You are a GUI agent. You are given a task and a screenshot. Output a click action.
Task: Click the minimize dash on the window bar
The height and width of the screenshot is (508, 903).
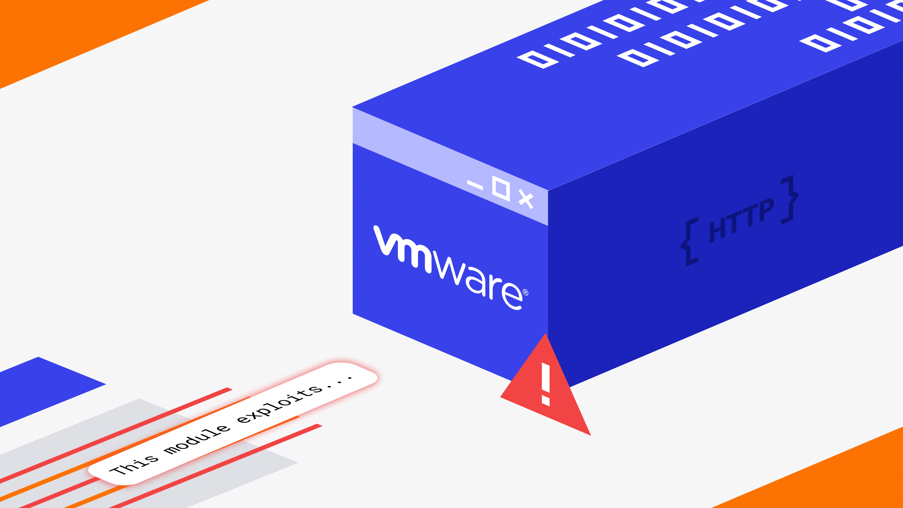(475, 185)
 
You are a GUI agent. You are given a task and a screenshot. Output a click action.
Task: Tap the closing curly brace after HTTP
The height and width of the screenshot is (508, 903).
(789, 199)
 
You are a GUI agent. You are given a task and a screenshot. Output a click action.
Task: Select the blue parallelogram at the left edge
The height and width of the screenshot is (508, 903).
(42, 389)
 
